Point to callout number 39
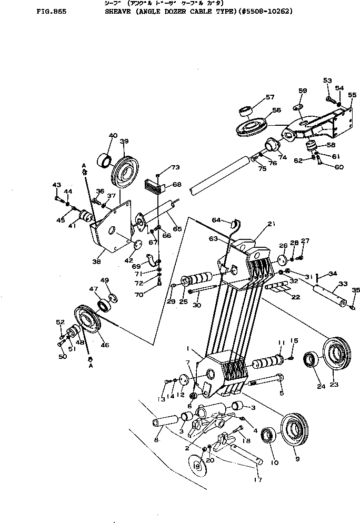point(124,142)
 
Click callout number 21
point(271,224)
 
